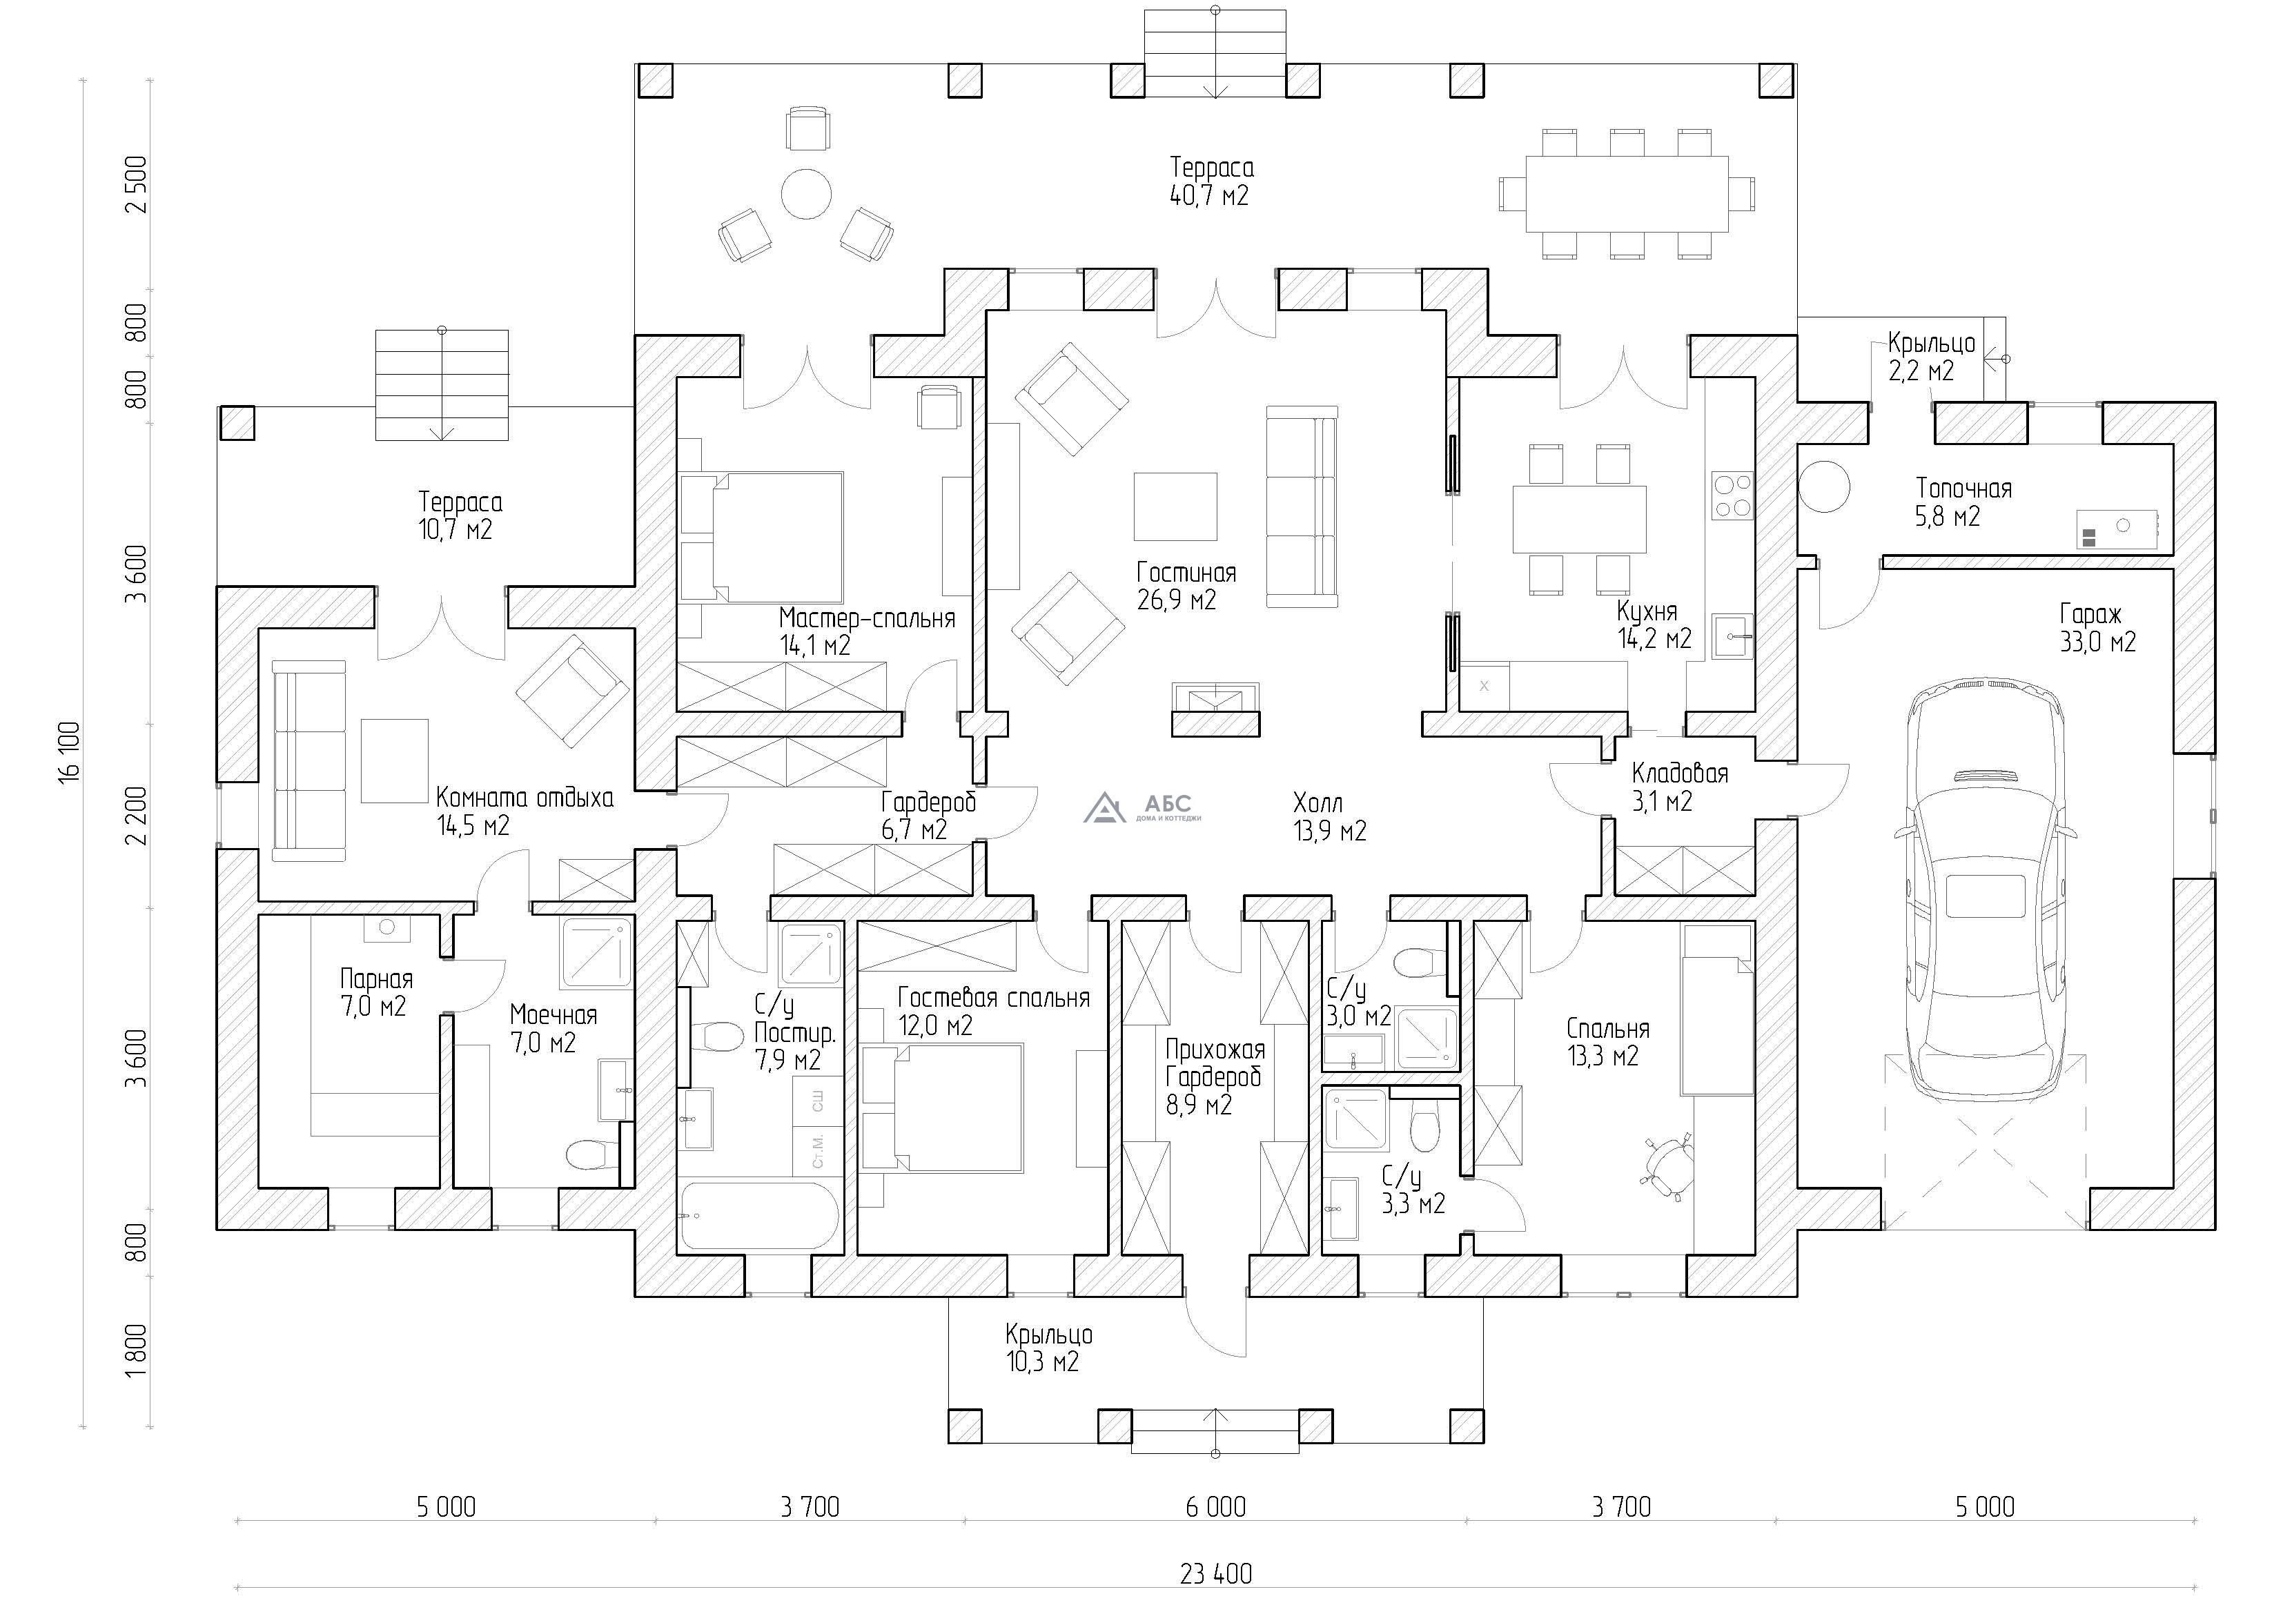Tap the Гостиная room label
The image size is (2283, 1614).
click(x=1186, y=573)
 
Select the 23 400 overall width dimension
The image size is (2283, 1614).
click(x=1216, y=1574)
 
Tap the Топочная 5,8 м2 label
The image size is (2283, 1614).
click(x=1964, y=502)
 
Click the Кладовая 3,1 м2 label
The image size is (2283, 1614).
click(x=1679, y=787)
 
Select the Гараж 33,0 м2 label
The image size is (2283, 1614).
click(x=2098, y=627)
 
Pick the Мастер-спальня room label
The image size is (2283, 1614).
click(x=867, y=618)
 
